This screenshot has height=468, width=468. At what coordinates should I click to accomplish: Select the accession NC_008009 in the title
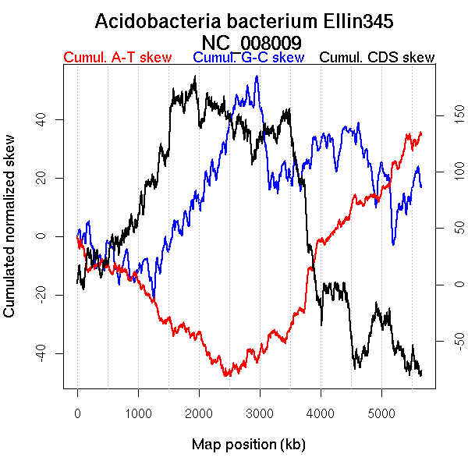[x=252, y=41]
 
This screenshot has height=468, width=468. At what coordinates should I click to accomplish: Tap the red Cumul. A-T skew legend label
[x=117, y=58]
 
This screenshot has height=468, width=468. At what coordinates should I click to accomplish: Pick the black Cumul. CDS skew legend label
[x=378, y=58]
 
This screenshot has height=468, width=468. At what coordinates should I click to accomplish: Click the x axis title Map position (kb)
[x=248, y=445]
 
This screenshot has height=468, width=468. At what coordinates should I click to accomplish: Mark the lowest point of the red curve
[x=225, y=376]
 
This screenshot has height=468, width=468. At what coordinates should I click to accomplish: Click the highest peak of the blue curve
[x=256, y=76]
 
